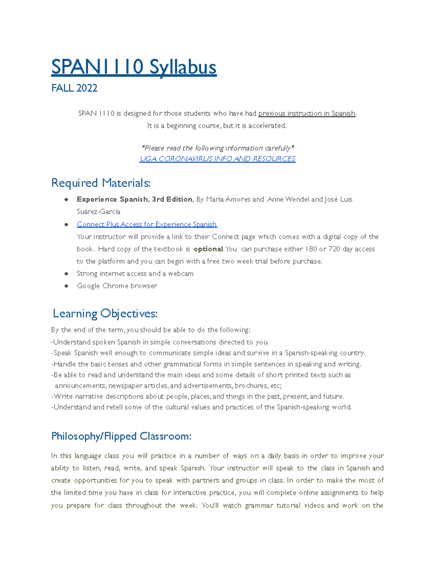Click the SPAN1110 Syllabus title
coord(134,67)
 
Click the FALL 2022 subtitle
coord(74,88)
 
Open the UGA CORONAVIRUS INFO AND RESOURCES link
coord(217,159)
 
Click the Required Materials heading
coord(101,183)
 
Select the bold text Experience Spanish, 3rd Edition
coord(134,199)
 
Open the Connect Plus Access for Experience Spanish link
coord(147,224)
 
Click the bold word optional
coord(208,249)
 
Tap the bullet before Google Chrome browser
coord(66,286)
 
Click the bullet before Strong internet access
coord(66,274)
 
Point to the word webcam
coord(181,274)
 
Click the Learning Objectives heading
coord(105,314)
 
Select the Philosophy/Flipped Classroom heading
coord(121,436)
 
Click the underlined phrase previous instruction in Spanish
coord(307,113)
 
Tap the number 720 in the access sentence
coord(334,249)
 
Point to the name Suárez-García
coord(98,212)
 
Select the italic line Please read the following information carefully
coord(217,148)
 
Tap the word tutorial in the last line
coord(289,505)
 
